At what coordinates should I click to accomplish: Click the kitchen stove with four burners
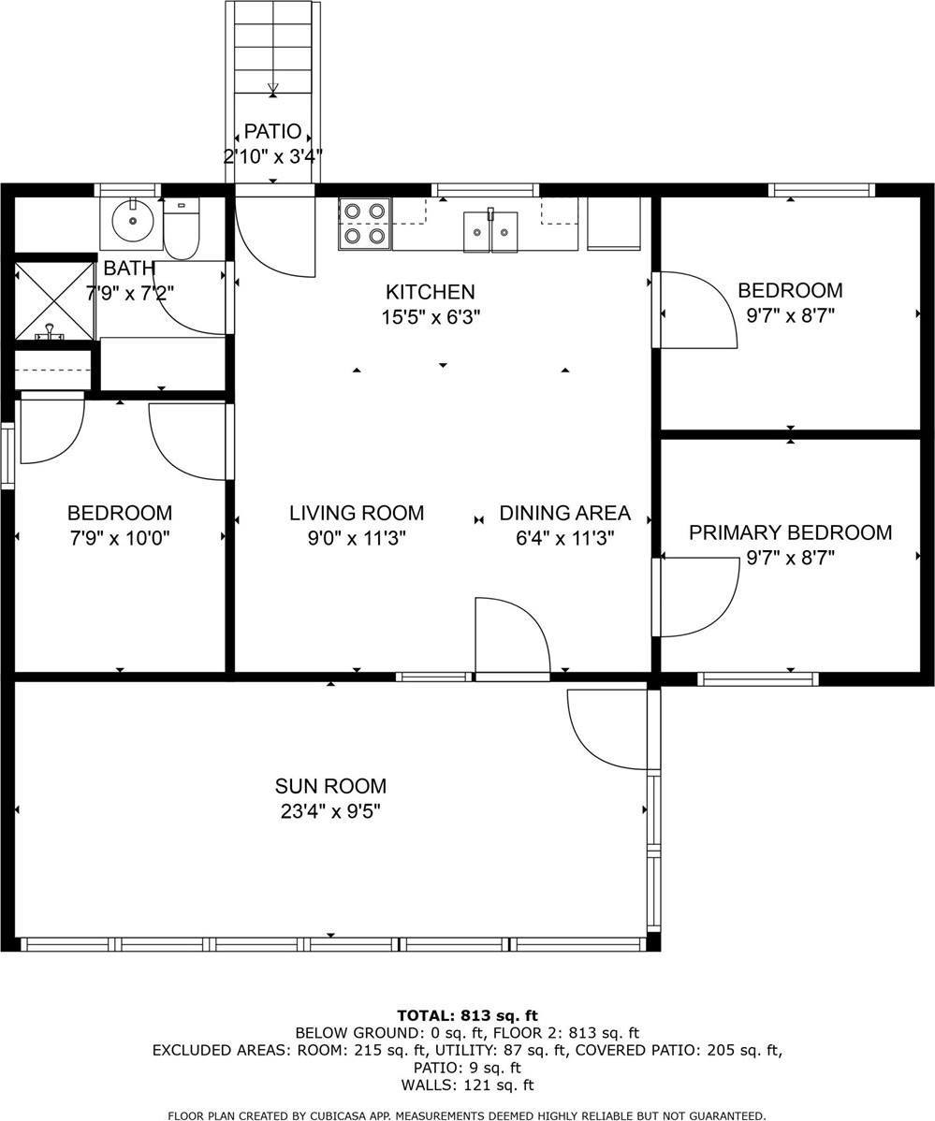tap(364, 224)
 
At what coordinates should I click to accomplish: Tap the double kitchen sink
tap(490, 231)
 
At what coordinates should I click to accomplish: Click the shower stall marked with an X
tap(55, 300)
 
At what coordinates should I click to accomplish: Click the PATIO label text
tap(272, 132)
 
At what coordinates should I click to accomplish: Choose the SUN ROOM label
tap(330, 786)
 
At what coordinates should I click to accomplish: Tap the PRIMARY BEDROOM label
tap(790, 532)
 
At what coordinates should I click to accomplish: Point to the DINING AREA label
tap(564, 513)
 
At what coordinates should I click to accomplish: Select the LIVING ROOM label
tap(356, 513)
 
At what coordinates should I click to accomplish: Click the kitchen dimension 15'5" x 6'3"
tap(431, 317)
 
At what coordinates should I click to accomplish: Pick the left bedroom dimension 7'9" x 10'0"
tap(119, 538)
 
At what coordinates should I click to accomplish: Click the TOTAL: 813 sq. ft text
tap(467, 1015)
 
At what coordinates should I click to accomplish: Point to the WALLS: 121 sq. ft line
tap(467, 1085)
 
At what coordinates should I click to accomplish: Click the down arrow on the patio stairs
tap(272, 88)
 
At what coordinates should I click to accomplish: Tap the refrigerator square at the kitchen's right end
tap(613, 225)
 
